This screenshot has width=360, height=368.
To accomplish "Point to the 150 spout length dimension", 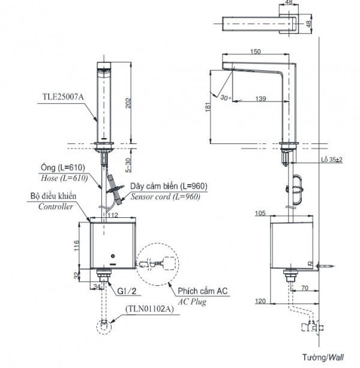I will coord(255,52).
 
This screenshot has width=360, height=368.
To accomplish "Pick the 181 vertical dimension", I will coord(208,106).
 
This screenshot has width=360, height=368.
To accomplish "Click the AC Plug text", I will coord(191,302).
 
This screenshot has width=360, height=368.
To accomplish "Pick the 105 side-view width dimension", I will coord(260,213).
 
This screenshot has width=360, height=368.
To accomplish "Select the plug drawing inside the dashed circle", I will coord(157,264).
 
